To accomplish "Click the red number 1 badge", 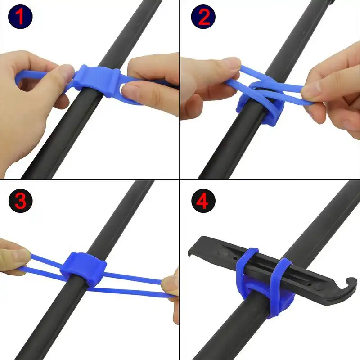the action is pos(20,17).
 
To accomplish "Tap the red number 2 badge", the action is pos(203,17).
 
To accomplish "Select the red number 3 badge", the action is pos(20,201).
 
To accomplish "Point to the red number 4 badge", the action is pos(203,201).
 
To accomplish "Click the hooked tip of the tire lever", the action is pos(350,283).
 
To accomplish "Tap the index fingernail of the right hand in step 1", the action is pos(130,90).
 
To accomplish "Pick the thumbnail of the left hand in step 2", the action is pos(232,63).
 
